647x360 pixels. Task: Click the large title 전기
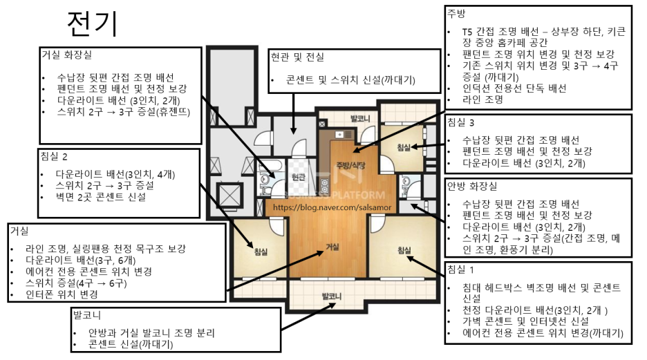(93, 23)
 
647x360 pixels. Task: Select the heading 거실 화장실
(67, 55)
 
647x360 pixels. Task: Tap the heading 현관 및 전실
(297, 57)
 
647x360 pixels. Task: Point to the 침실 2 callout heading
(54, 156)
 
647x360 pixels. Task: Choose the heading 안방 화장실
(472, 186)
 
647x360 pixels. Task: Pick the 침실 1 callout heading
(461, 269)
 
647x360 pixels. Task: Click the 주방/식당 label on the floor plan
(350, 165)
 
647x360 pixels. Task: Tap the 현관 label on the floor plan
(298, 178)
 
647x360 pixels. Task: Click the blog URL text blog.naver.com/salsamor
(332, 207)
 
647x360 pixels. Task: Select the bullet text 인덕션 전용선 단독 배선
(514, 88)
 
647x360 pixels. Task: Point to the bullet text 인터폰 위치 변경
(62, 294)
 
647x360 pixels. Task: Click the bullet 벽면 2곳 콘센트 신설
(101, 197)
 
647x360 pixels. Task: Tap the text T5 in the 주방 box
(467, 32)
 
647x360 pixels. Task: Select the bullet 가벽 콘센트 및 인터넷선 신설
(525, 321)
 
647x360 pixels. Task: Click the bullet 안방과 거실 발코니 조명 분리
(151, 333)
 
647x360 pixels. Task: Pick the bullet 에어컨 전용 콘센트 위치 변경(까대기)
(543, 333)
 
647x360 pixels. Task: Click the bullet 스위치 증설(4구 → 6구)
(76, 283)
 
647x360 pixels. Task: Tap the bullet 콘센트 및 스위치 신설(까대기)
(350, 80)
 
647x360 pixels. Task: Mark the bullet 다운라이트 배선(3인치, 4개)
(115, 174)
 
